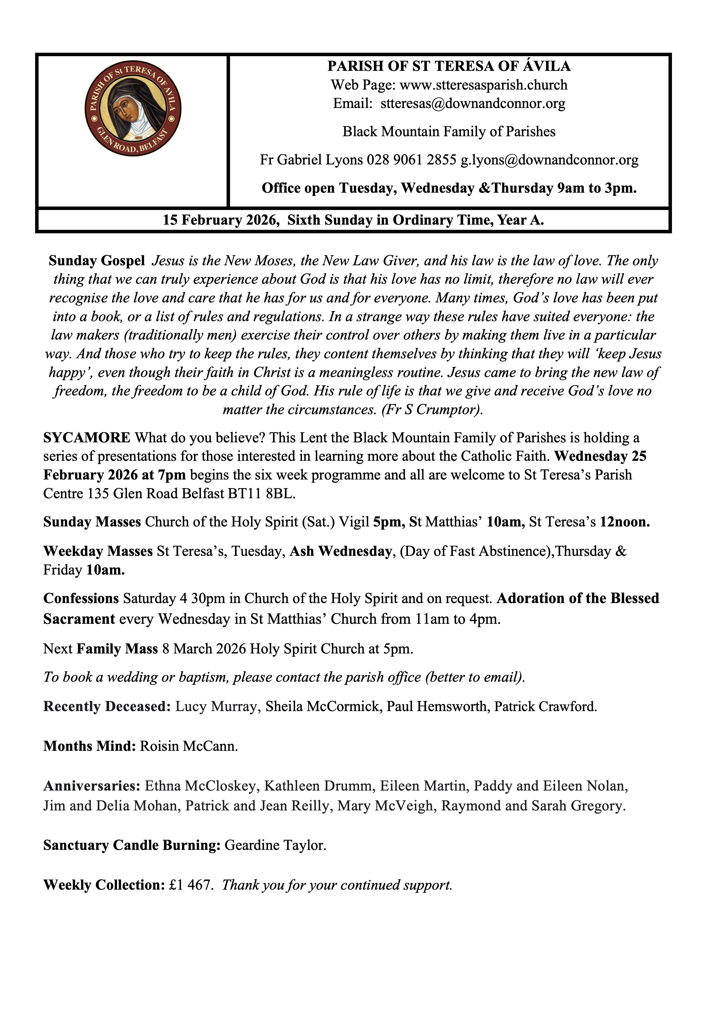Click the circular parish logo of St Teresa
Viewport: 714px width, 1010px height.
coord(133,109)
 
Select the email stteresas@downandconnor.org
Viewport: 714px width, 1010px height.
coord(473,103)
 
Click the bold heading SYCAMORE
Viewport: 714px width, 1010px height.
coord(87,438)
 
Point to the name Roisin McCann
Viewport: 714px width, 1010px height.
coord(189,746)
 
